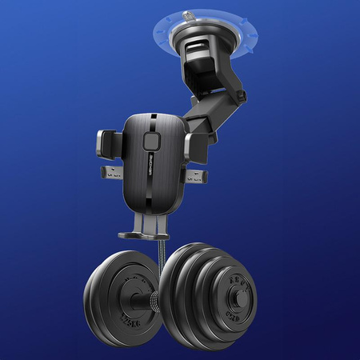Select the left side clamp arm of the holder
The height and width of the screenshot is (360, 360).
click(111, 142)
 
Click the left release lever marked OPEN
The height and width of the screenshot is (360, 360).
click(112, 173)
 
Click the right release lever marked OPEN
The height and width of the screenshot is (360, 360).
click(194, 176)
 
